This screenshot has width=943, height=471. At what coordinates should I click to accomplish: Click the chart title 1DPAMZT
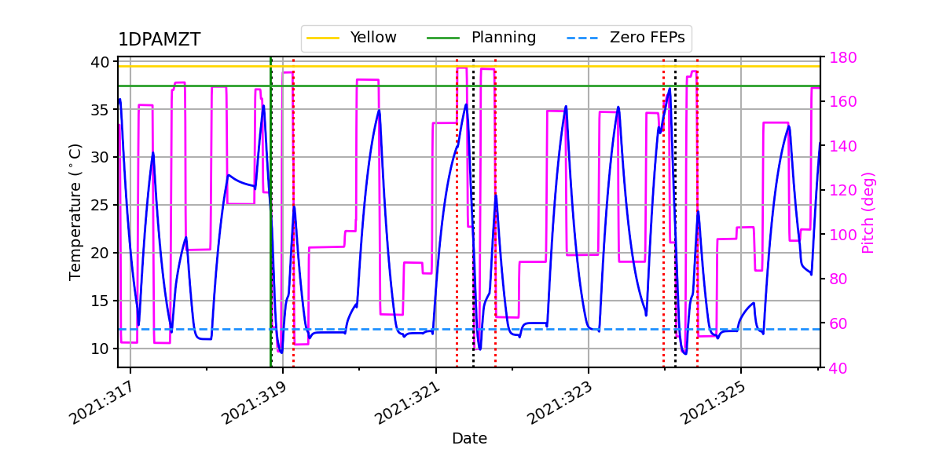tap(159, 40)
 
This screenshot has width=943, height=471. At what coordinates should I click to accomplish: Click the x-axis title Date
tap(469, 439)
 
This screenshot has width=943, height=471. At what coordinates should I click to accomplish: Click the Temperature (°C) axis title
tap(75, 212)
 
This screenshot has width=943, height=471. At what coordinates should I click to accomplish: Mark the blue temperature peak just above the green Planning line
tap(670, 88)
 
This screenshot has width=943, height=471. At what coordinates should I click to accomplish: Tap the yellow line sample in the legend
tap(322, 38)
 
